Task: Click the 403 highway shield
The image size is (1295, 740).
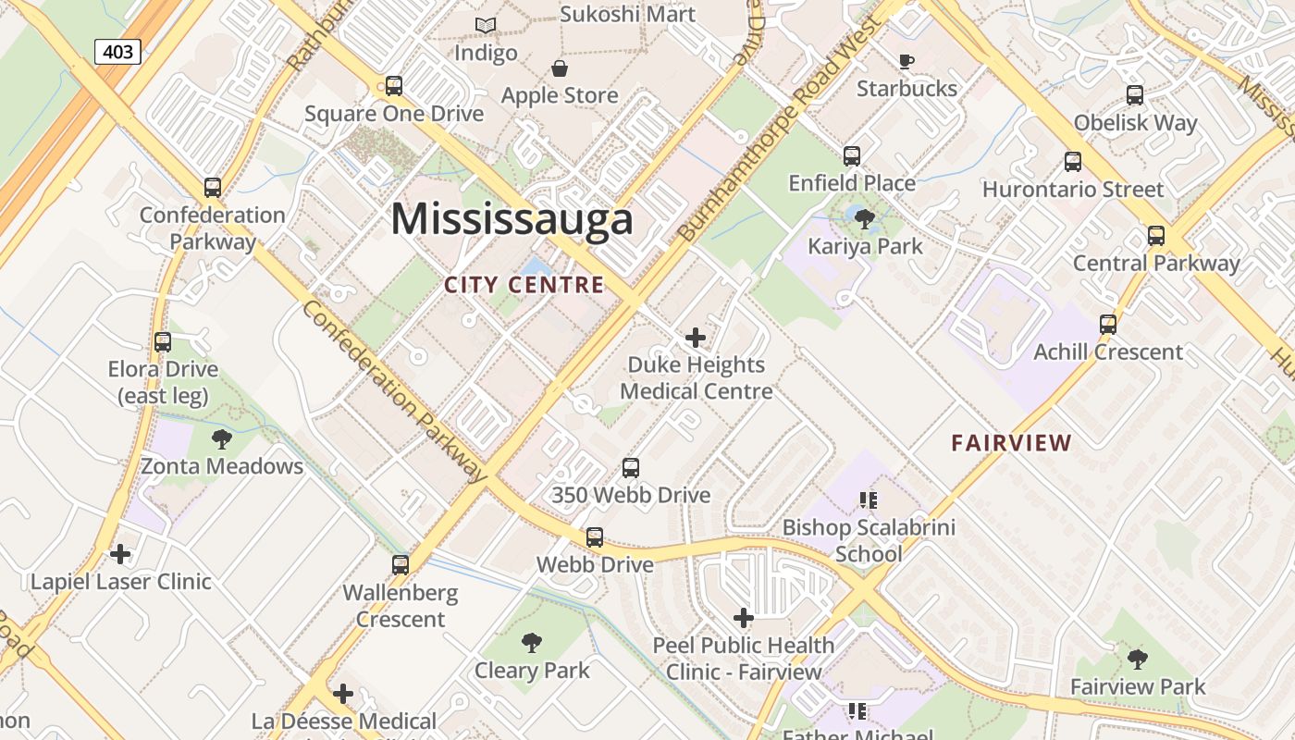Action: [x=117, y=52]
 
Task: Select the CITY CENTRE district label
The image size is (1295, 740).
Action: [x=524, y=285]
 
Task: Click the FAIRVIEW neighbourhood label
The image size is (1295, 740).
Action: [x=1011, y=443]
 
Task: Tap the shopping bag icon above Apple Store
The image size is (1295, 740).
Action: [x=560, y=68]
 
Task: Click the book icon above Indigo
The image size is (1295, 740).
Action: [x=486, y=26]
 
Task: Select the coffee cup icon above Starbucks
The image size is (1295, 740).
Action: [x=906, y=62]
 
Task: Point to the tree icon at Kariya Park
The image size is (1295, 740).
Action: [x=865, y=219]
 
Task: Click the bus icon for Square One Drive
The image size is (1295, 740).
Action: [x=394, y=86]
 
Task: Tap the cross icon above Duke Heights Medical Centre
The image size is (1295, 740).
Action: [x=696, y=338]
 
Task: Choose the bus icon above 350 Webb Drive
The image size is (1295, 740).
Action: [x=631, y=468]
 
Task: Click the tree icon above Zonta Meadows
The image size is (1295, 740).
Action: [x=221, y=438]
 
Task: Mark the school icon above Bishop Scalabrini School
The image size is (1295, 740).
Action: [x=868, y=500]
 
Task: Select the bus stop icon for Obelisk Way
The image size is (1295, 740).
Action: [x=1135, y=95]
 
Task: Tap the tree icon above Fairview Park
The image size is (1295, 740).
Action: [x=1138, y=660]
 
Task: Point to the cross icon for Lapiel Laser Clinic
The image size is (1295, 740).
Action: [x=120, y=554]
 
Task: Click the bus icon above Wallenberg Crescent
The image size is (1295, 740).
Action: [x=401, y=564]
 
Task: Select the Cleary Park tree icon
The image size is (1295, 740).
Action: [x=532, y=643]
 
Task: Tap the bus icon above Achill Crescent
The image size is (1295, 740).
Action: [x=1108, y=325]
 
